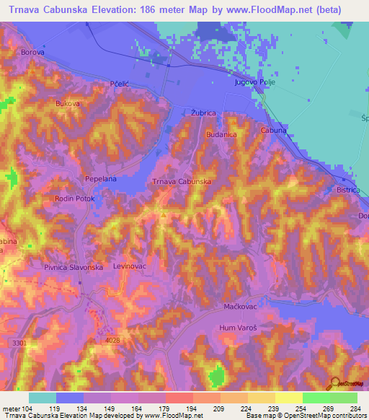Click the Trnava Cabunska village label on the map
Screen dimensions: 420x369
click(181, 182)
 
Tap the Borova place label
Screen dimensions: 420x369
click(33, 53)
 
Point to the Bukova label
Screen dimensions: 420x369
click(68, 103)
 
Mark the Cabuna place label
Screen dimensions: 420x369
click(274, 131)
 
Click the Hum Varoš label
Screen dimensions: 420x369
click(239, 328)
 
